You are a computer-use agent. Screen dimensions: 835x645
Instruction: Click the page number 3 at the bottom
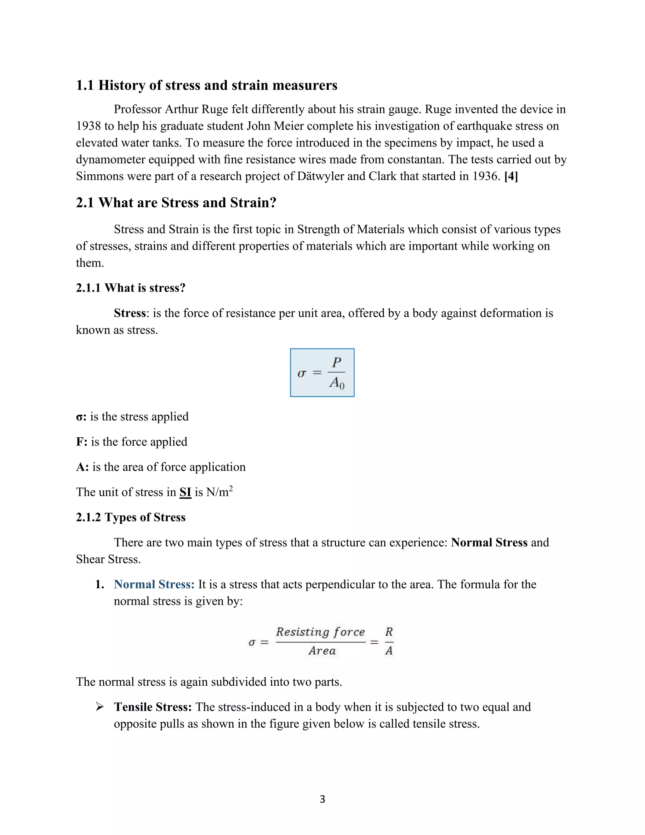click(x=322, y=799)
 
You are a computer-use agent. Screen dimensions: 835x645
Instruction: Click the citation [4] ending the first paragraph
click(x=511, y=176)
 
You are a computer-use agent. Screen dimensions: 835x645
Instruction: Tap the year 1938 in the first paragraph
click(x=88, y=126)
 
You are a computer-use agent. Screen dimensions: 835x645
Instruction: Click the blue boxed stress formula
click(x=322, y=372)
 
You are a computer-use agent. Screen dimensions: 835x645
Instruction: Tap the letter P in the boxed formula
click(x=336, y=362)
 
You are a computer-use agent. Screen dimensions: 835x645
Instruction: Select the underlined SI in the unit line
click(x=185, y=492)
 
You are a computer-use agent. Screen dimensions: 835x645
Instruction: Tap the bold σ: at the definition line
click(x=81, y=417)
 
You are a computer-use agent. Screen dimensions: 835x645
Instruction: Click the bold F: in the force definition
click(x=82, y=442)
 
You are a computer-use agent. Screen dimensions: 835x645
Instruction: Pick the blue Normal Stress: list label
click(x=154, y=584)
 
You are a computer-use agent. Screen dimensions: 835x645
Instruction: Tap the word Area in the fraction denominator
click(x=322, y=651)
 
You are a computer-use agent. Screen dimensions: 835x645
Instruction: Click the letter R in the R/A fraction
click(x=389, y=631)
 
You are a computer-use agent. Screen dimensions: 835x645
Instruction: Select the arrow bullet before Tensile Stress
click(x=100, y=707)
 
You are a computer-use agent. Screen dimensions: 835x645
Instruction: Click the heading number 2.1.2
click(x=88, y=517)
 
